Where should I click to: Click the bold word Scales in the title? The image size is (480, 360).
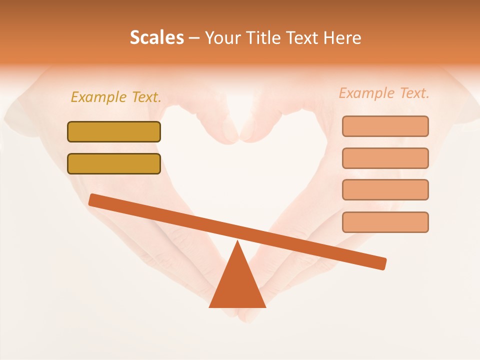(x=156, y=37)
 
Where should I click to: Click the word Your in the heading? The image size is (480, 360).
(x=221, y=37)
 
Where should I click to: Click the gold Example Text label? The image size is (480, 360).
(x=116, y=97)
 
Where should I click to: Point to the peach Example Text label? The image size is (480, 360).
(x=384, y=93)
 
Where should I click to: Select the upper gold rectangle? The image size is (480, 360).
(x=114, y=132)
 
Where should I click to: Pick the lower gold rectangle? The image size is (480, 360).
(x=114, y=164)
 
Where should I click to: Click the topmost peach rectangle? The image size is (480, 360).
(x=385, y=126)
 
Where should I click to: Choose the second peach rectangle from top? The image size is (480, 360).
(x=385, y=158)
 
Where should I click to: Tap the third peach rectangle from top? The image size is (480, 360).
(x=385, y=190)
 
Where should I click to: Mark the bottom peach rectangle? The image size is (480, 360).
(x=385, y=222)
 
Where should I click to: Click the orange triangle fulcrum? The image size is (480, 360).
(x=237, y=285)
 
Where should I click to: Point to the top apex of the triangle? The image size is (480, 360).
(x=237, y=242)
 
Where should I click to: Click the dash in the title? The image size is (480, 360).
(x=194, y=38)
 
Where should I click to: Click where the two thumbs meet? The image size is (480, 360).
(x=239, y=134)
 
